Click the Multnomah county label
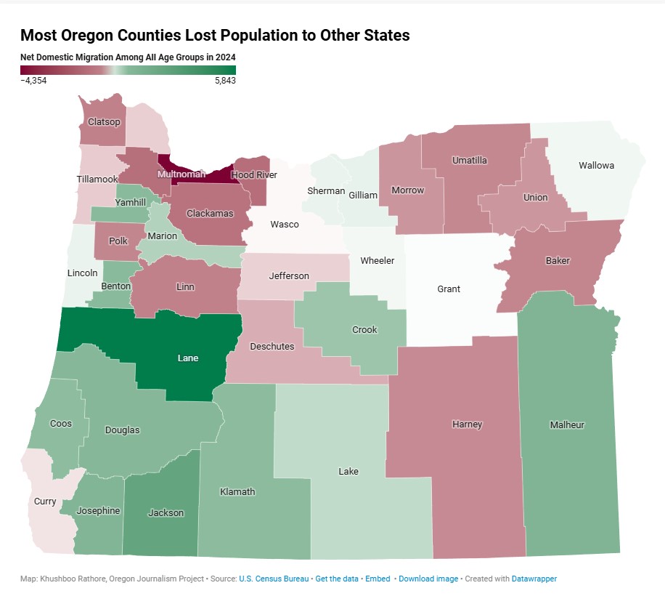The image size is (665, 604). [181, 174]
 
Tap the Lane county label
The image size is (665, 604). [188, 358]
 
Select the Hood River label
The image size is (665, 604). [254, 175]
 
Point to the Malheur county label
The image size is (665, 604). [567, 425]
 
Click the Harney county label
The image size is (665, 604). [467, 424]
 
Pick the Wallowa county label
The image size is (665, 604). [596, 166]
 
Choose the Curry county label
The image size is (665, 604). [45, 502]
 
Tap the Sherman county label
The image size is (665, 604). [326, 191]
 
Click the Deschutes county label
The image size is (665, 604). [272, 347]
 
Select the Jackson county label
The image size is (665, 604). [166, 513]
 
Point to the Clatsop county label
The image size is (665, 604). [104, 122]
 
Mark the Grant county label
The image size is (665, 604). [449, 289]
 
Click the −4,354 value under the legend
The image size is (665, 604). [33, 81]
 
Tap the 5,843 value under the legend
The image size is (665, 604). [224, 81]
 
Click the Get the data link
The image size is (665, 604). [336, 579]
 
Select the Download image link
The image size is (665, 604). [428, 579]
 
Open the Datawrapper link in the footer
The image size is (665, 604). [534, 579]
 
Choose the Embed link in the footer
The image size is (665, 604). [378, 579]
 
